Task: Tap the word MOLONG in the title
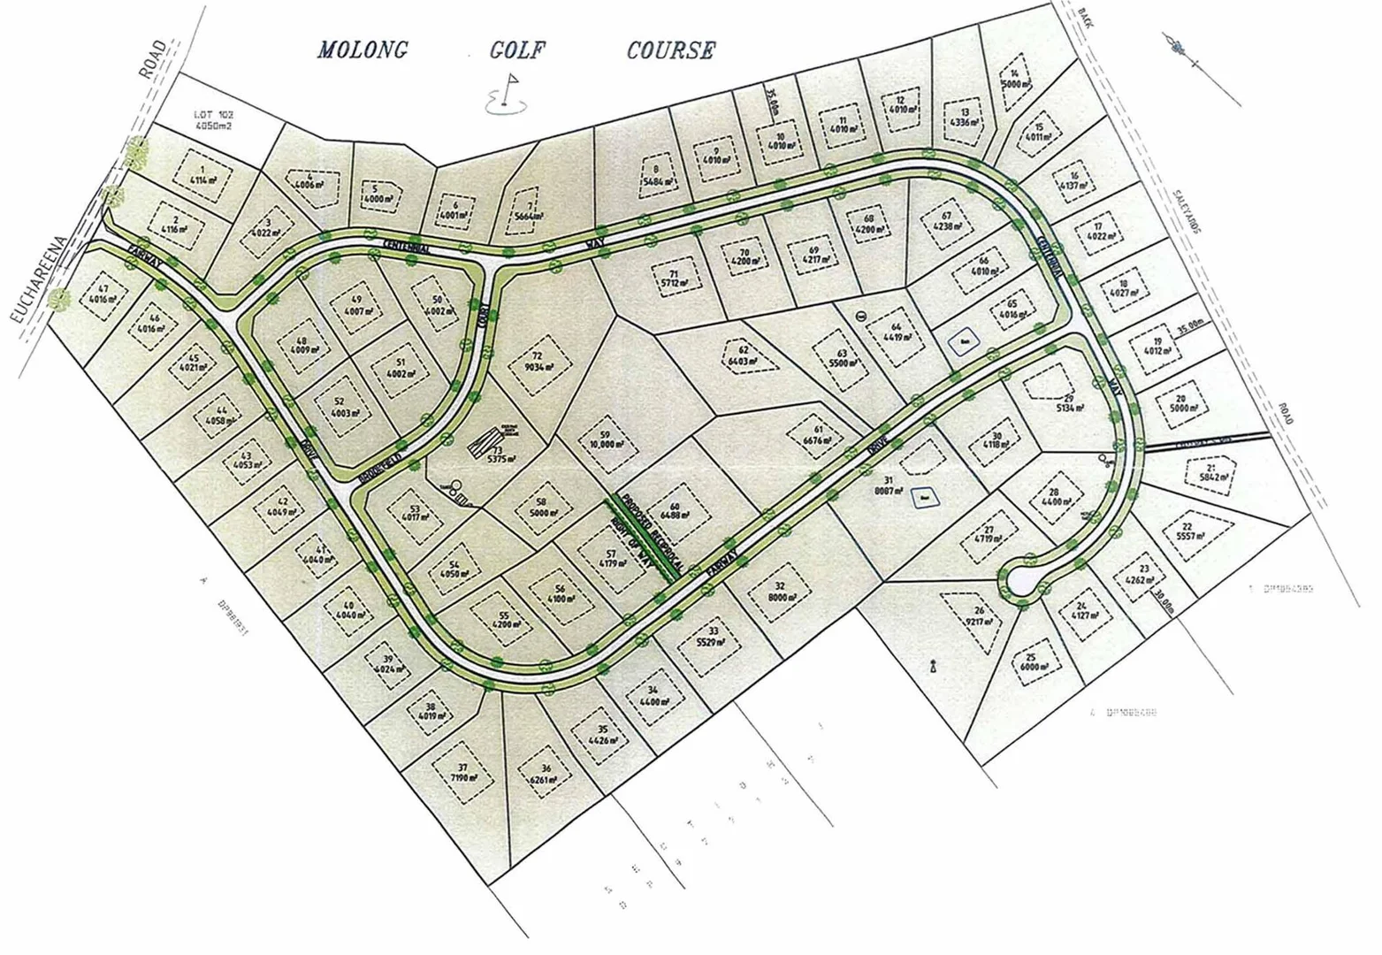pos(363,50)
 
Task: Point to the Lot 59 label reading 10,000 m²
pos(606,439)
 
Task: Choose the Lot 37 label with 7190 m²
pos(462,773)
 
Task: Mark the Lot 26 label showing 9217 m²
pos(979,616)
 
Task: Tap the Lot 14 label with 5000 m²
pos(1014,80)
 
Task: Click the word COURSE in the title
pos(670,50)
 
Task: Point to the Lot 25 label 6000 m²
pos(1031,662)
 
